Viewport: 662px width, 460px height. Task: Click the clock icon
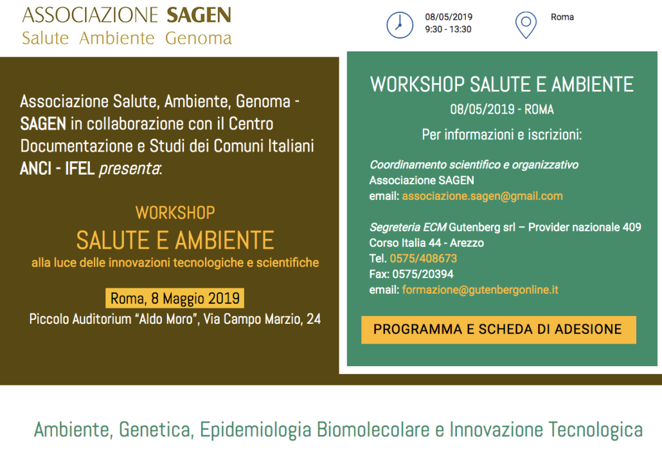click(400, 25)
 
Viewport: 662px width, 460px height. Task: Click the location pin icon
click(526, 25)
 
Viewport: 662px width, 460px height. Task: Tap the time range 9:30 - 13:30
click(448, 30)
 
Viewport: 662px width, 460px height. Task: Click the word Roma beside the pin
click(562, 17)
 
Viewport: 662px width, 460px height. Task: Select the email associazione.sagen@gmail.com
click(482, 196)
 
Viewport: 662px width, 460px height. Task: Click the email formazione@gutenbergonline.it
click(480, 290)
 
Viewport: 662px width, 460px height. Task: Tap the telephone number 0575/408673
click(423, 258)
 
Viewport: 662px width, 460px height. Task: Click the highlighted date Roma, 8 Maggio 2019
click(175, 298)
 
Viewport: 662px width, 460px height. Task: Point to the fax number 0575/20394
click(423, 274)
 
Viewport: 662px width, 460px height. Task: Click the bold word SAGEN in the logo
click(199, 15)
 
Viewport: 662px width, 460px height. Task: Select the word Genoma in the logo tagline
click(199, 38)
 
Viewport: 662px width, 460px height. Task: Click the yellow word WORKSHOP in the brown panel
click(175, 213)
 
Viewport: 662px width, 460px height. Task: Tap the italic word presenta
click(130, 169)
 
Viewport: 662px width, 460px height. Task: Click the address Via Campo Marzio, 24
click(262, 319)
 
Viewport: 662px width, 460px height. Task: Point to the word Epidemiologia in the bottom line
click(255, 430)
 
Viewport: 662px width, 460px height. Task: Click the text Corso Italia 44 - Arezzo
click(426, 243)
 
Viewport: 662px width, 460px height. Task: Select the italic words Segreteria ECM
click(408, 227)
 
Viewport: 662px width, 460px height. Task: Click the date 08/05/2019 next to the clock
click(449, 17)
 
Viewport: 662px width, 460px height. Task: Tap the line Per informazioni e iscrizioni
click(501, 135)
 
